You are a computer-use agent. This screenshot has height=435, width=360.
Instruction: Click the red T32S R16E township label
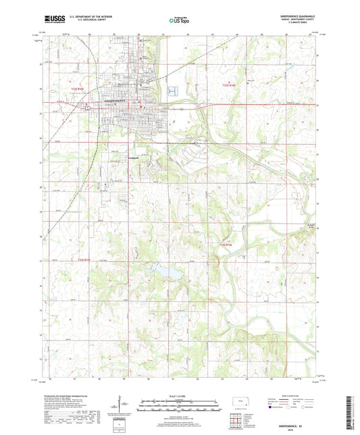tap(231, 85)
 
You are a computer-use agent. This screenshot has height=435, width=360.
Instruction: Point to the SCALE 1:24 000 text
tap(180, 396)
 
